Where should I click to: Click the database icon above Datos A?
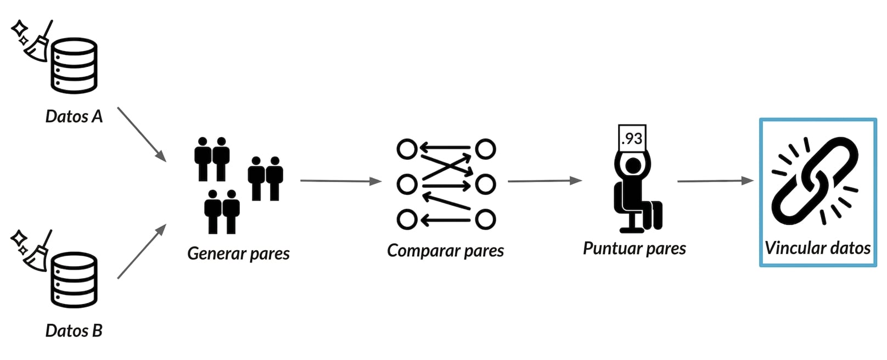click(74, 66)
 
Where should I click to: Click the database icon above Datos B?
click(74, 280)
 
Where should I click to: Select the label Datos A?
click(74, 116)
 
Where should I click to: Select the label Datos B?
click(74, 331)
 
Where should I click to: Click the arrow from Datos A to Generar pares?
click(142, 134)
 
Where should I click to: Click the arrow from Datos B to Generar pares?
click(142, 251)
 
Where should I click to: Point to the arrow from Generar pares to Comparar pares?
click(341, 181)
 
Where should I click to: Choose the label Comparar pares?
click(446, 251)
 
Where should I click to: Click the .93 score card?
click(632, 138)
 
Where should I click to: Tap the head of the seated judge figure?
click(633, 166)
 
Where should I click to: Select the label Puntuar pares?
click(635, 249)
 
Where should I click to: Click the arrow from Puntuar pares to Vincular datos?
click(716, 181)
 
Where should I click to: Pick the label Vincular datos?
click(818, 248)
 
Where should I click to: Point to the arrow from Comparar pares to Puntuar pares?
click(545, 181)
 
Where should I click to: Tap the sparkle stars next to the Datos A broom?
click(20, 33)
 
